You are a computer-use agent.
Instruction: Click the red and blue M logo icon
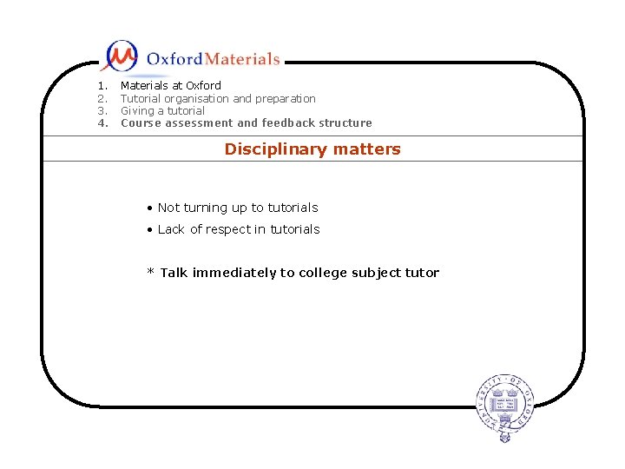[x=120, y=56]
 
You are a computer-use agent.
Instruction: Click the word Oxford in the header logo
[x=174, y=59]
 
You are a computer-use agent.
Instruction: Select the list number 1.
[x=102, y=86]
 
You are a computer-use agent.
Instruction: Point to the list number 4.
[x=102, y=123]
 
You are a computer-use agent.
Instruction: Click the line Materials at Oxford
[x=170, y=86]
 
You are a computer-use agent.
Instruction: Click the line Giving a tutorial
[x=162, y=111]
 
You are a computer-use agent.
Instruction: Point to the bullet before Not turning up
[x=150, y=208]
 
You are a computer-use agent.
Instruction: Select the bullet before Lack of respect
[x=150, y=230]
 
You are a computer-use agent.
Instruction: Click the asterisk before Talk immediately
[x=150, y=273]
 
